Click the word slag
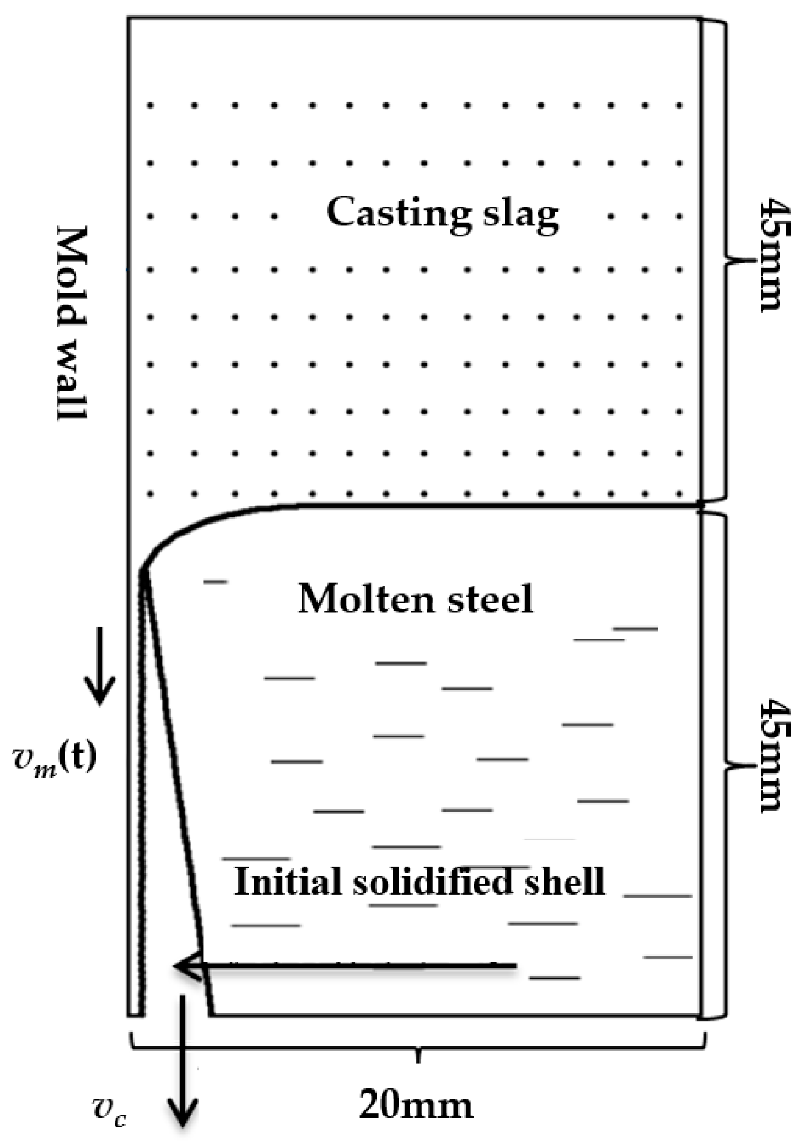coord(519,215)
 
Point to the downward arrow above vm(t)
coord(100,666)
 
